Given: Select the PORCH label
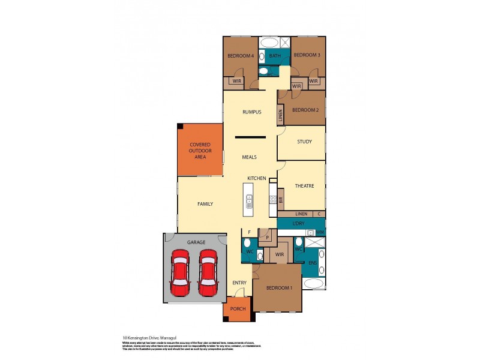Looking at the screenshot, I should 238,308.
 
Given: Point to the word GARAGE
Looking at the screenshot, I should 196,242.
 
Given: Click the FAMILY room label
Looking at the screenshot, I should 205,204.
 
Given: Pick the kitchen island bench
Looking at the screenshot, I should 248,200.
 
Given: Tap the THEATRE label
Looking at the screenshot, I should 304,186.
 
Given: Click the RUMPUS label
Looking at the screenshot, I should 251,112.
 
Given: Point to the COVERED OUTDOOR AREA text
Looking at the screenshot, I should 200,150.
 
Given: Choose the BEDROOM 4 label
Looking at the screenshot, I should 241,56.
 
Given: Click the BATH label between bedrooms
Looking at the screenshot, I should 275,56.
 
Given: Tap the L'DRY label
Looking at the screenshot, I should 300,224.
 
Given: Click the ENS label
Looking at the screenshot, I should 312,263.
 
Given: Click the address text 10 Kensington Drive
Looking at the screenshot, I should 143,338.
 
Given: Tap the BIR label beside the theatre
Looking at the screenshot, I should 280,200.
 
